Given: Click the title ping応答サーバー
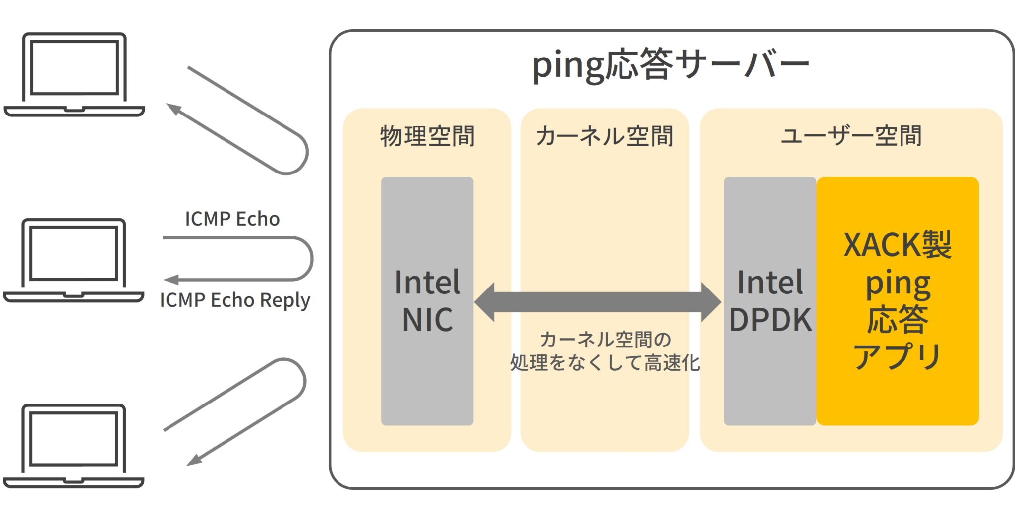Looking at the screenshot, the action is (671, 65).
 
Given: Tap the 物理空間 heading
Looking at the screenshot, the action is (427, 136).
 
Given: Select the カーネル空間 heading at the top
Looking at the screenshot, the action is (605, 136).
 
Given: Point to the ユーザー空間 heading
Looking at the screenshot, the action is (851, 136).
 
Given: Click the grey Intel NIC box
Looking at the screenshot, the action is (427, 301).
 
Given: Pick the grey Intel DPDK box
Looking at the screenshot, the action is (770, 301).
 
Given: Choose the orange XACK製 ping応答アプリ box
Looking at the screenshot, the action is (898, 301).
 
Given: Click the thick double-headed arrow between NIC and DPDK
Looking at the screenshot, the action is (598, 302).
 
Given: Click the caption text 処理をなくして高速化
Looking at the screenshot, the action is (605, 363).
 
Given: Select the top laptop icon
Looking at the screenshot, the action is (74, 75).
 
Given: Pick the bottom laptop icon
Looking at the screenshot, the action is (74, 446).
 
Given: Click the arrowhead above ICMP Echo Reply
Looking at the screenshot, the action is (171, 280).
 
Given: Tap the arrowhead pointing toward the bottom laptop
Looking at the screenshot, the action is (194, 460).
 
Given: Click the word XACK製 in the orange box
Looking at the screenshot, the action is (898, 244).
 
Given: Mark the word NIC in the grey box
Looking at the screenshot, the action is (428, 320).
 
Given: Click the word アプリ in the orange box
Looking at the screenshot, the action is (898, 356).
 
